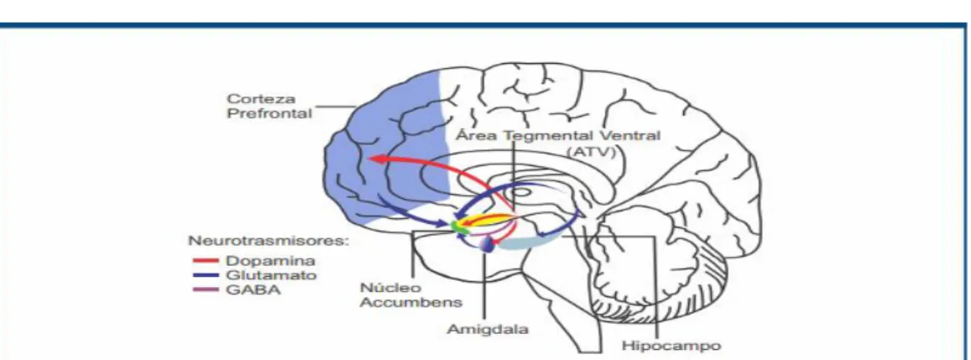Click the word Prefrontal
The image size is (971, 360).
pos(269,115)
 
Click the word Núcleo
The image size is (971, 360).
pos(382,288)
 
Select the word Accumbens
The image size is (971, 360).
pos(412,303)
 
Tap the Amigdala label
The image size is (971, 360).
pos(488,330)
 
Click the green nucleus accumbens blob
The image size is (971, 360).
pos(459,227)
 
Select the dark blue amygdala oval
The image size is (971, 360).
pos(488,245)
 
